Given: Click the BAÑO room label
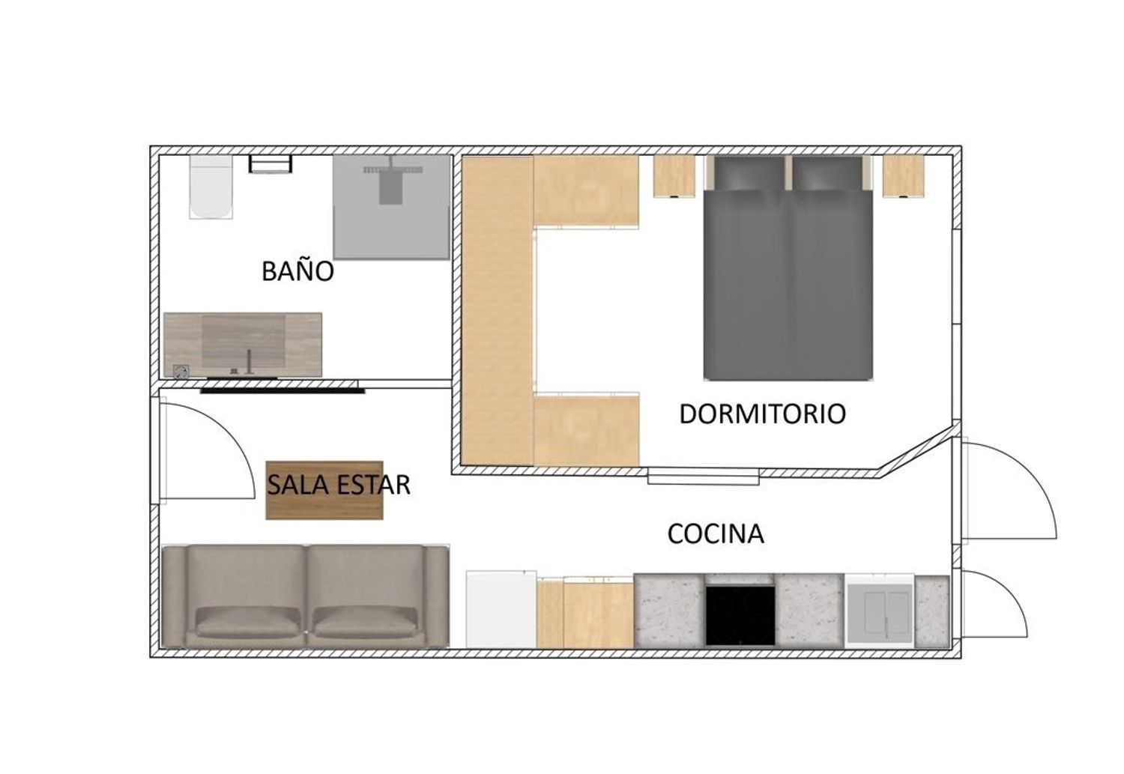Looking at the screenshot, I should pyautogui.click(x=297, y=270).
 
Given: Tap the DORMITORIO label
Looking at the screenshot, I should pyautogui.click(x=762, y=414).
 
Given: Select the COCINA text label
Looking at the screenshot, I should pyautogui.click(x=716, y=533).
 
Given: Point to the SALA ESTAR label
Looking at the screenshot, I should pyautogui.click(x=339, y=485).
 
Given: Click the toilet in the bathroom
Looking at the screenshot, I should pyautogui.click(x=211, y=187).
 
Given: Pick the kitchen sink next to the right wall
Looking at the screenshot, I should pyautogui.click(x=880, y=611).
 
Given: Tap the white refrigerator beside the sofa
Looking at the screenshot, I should pyautogui.click(x=501, y=609).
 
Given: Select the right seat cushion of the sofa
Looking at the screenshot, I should pyautogui.click(x=365, y=621).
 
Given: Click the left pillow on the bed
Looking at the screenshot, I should pyautogui.click(x=747, y=175).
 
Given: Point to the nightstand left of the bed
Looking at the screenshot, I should pyautogui.click(x=674, y=176).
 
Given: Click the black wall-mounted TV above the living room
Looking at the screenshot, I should pyautogui.click(x=282, y=390).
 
